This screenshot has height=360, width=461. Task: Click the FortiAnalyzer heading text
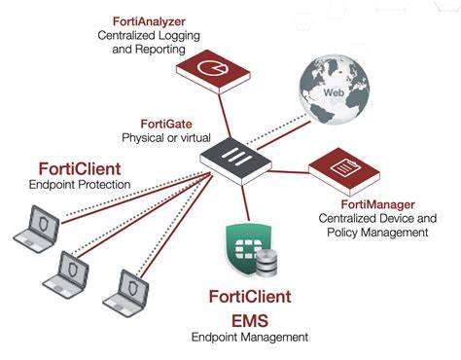point(149,21)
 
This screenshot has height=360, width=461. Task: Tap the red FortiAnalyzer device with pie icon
point(213,71)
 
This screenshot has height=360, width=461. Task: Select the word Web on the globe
point(334,92)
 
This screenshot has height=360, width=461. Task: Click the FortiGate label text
point(166,124)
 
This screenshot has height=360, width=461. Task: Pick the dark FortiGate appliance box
point(235,161)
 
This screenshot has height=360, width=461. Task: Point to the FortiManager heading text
point(377,204)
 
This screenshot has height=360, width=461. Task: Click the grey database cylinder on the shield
point(266,263)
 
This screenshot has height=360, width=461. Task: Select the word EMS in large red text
point(250,320)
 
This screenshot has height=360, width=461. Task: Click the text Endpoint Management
point(250,338)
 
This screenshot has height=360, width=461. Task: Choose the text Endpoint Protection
point(80,185)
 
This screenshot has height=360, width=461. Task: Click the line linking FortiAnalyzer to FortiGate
point(225,116)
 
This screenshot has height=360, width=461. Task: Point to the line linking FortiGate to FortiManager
point(289,172)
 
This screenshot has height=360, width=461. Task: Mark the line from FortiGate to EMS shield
point(245,202)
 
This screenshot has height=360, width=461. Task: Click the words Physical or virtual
point(166,138)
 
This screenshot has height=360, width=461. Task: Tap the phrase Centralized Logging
point(149,36)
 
